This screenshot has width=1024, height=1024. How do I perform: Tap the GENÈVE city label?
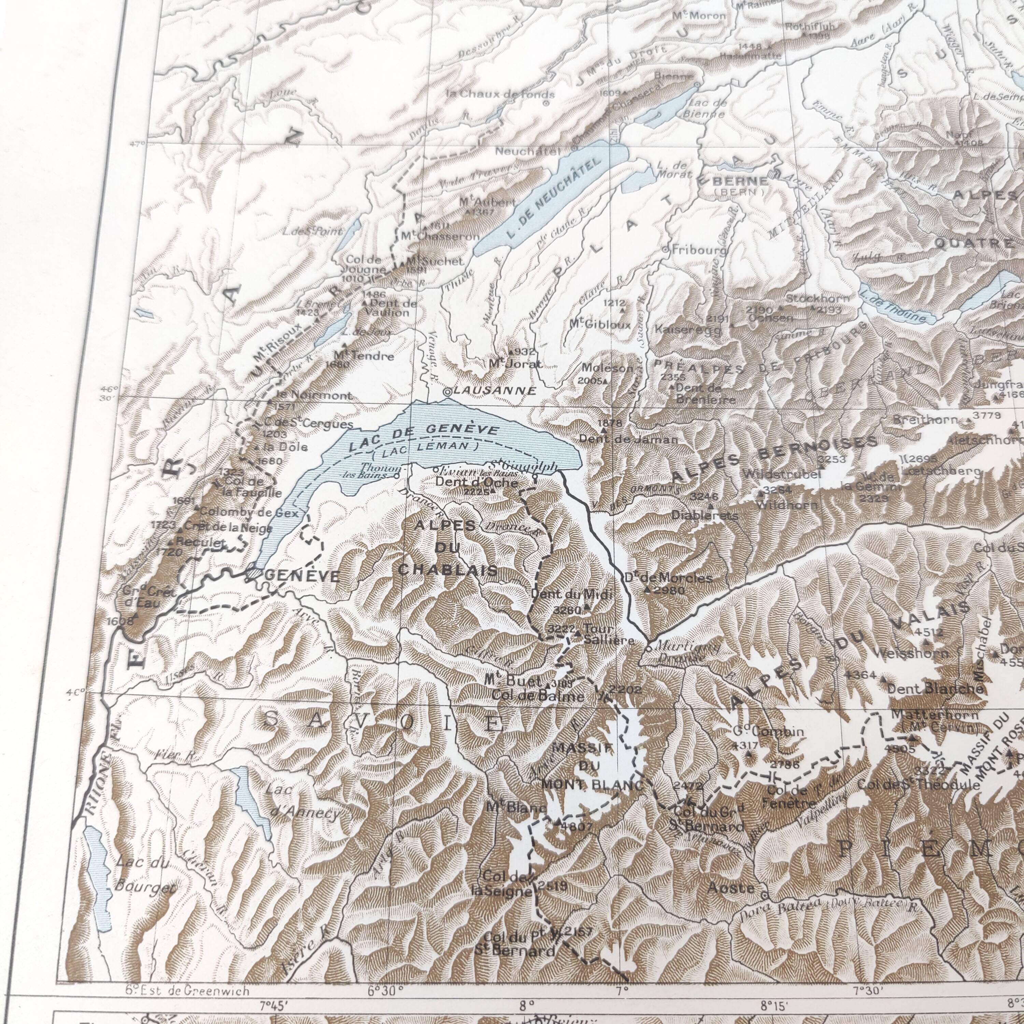point(302,576)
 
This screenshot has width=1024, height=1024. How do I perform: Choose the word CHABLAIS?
point(448,570)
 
